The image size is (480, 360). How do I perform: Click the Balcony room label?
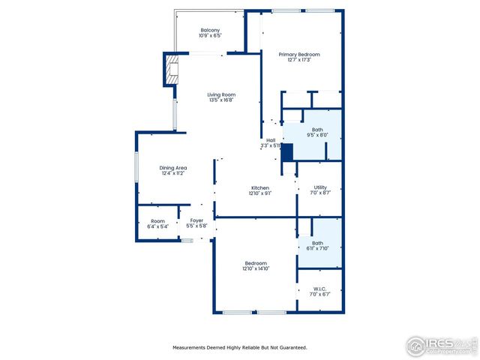point(209,30)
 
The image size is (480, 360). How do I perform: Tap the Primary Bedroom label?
point(299,54)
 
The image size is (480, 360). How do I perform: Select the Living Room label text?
point(222,94)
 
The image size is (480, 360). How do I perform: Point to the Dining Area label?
point(172,167)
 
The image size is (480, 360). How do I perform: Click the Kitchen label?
point(260,187)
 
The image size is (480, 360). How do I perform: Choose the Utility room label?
point(320,187)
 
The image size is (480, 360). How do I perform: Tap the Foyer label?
point(196,220)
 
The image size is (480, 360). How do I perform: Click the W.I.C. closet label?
point(320,289)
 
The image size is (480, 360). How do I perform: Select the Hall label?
point(270,140)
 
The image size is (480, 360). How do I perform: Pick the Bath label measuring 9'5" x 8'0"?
point(318,130)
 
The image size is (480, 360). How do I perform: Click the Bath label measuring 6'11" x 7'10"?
point(318,243)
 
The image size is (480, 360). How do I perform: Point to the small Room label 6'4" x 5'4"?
point(157,221)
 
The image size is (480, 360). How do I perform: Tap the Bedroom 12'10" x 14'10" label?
point(256,263)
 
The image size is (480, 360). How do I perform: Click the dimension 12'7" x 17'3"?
point(299,60)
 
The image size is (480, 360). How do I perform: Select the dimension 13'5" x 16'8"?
point(222,100)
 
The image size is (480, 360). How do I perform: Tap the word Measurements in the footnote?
point(190,347)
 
